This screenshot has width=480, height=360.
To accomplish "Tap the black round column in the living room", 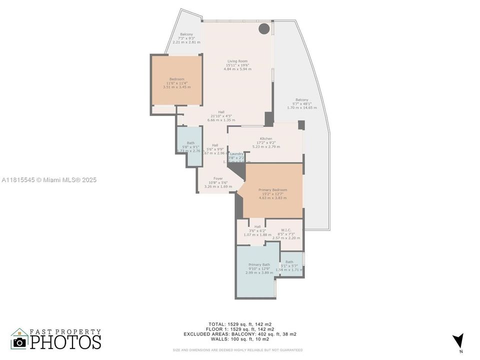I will point(264,28).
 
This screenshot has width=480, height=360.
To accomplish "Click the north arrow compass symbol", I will point(457,341).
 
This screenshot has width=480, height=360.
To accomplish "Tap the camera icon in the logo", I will point(20,342).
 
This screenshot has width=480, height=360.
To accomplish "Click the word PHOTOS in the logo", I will point(65,342).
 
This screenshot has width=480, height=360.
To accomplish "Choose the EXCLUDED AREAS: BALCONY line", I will point(240,334).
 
